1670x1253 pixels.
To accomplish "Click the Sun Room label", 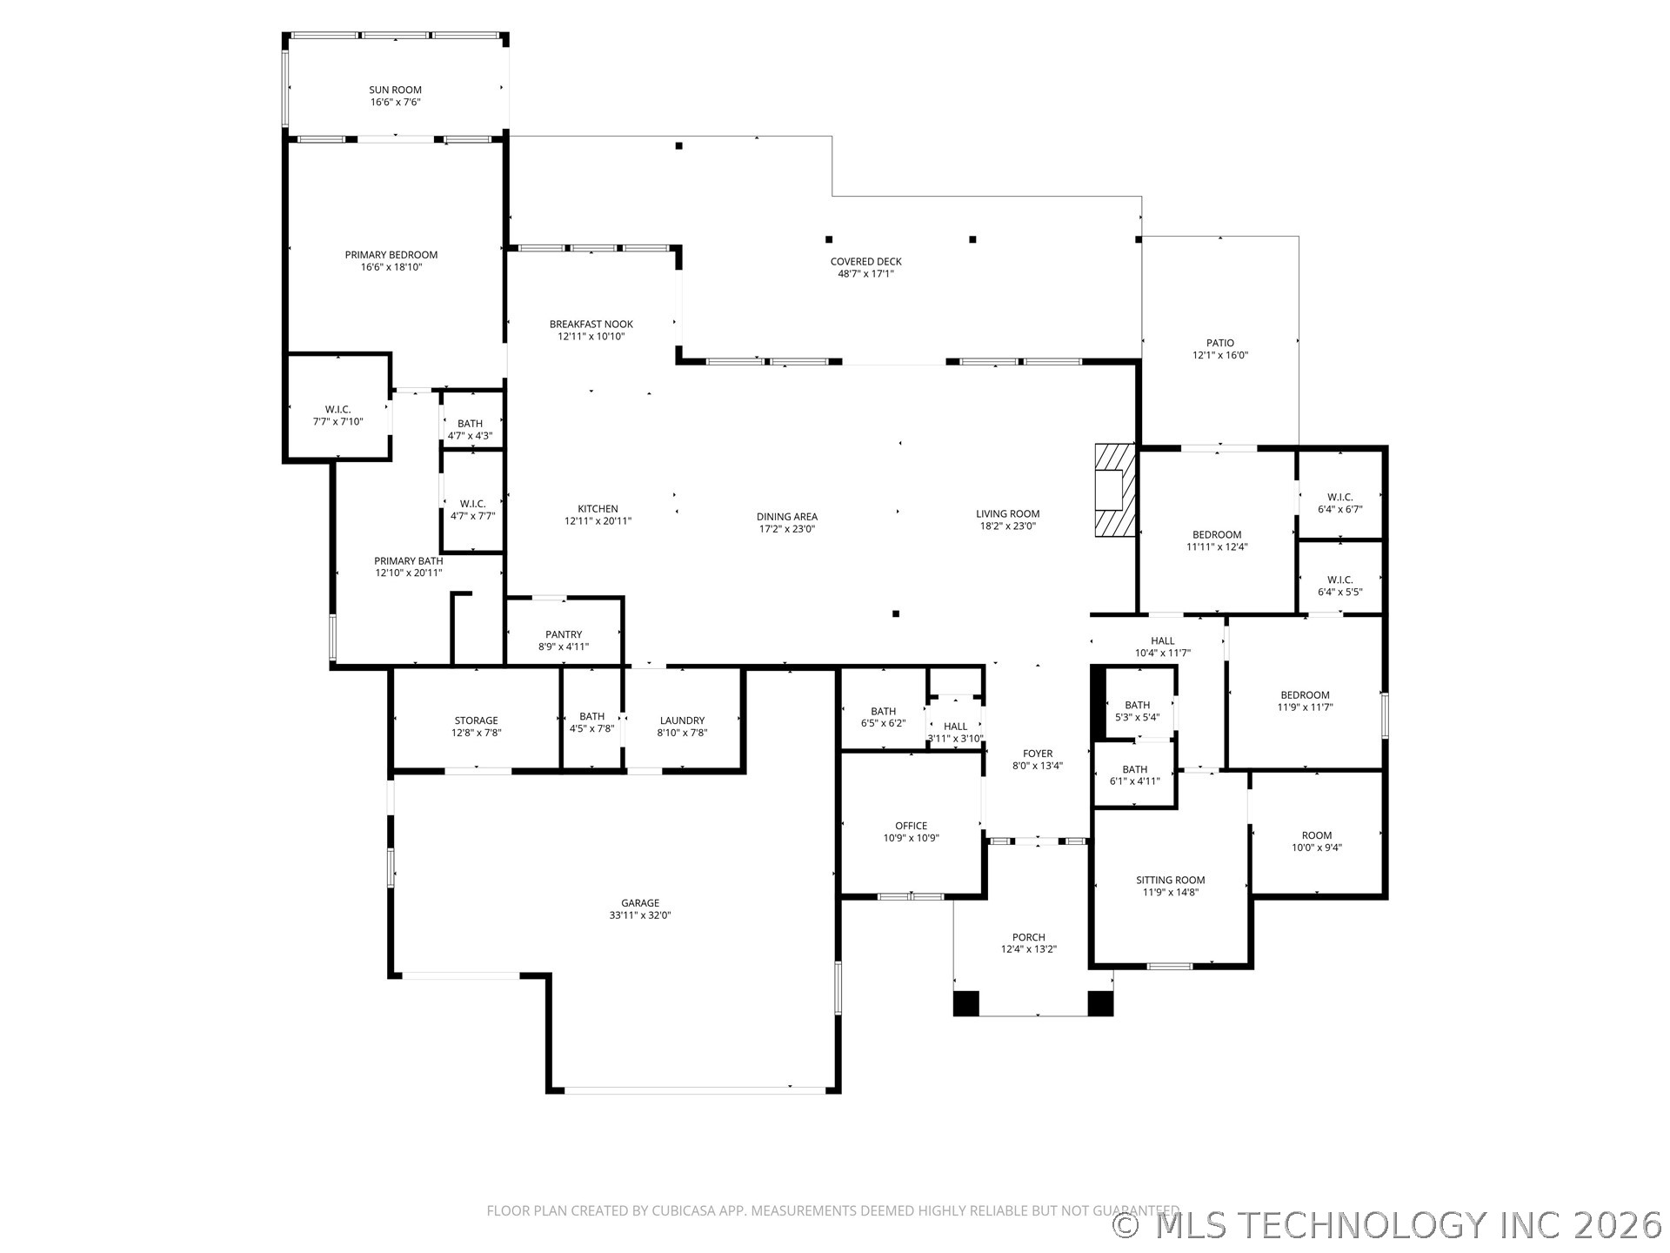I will (x=395, y=90).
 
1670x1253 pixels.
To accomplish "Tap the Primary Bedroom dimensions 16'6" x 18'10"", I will (x=391, y=267).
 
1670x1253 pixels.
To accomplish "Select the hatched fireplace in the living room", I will (x=1115, y=490).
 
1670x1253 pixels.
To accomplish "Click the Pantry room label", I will (x=564, y=634).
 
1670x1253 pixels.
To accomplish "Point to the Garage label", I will (x=640, y=903).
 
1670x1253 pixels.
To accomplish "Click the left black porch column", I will (x=965, y=1003).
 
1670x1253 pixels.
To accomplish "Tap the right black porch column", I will (x=1100, y=1003).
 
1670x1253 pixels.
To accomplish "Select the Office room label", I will (x=911, y=826).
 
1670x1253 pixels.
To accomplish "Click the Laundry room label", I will (x=682, y=720).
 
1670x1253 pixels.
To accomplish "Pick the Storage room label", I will (x=476, y=720).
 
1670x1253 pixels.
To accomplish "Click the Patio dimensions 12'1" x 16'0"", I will (x=1219, y=355).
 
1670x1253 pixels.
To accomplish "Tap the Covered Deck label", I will (x=865, y=261).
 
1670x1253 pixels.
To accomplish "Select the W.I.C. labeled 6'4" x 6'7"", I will (x=1339, y=503).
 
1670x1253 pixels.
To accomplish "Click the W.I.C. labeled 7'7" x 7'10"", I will (x=337, y=415).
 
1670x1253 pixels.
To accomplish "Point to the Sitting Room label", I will (x=1170, y=880).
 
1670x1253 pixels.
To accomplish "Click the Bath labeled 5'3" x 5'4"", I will (x=1137, y=711).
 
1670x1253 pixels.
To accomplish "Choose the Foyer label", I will (x=1037, y=754).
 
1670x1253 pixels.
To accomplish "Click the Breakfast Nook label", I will (x=591, y=324).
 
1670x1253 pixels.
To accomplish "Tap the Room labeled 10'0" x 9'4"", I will (x=1316, y=841).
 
